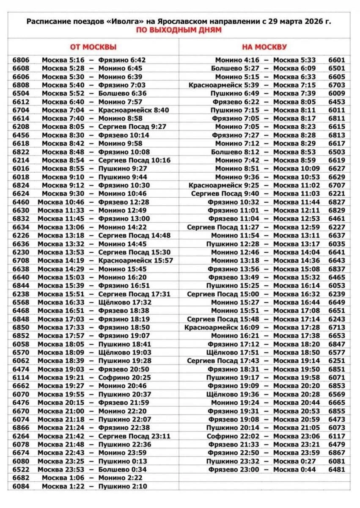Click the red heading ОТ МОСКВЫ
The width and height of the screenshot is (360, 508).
pos(93,47)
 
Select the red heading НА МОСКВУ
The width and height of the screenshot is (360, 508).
pos(264,47)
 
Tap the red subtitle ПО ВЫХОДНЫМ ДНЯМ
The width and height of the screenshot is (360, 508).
pos(179,30)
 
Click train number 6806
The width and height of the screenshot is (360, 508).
pos(21,60)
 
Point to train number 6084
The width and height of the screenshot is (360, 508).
pos(21,486)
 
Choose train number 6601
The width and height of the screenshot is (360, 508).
pos(337,60)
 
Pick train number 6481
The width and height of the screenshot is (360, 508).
pos(337,469)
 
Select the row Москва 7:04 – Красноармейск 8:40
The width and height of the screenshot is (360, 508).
pos(105,110)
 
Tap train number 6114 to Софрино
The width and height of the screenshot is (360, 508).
pos(21,378)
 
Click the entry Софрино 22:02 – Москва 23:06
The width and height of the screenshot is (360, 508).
pos(264,436)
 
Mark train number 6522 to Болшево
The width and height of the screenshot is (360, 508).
pos(21,469)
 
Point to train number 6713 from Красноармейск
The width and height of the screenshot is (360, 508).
pos(337,327)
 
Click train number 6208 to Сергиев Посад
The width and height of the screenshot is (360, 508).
pos(21,127)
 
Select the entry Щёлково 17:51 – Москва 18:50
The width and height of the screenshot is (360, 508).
pos(264,353)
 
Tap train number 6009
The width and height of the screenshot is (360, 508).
pos(337,94)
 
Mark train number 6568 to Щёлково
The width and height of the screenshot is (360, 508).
pos(21,302)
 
